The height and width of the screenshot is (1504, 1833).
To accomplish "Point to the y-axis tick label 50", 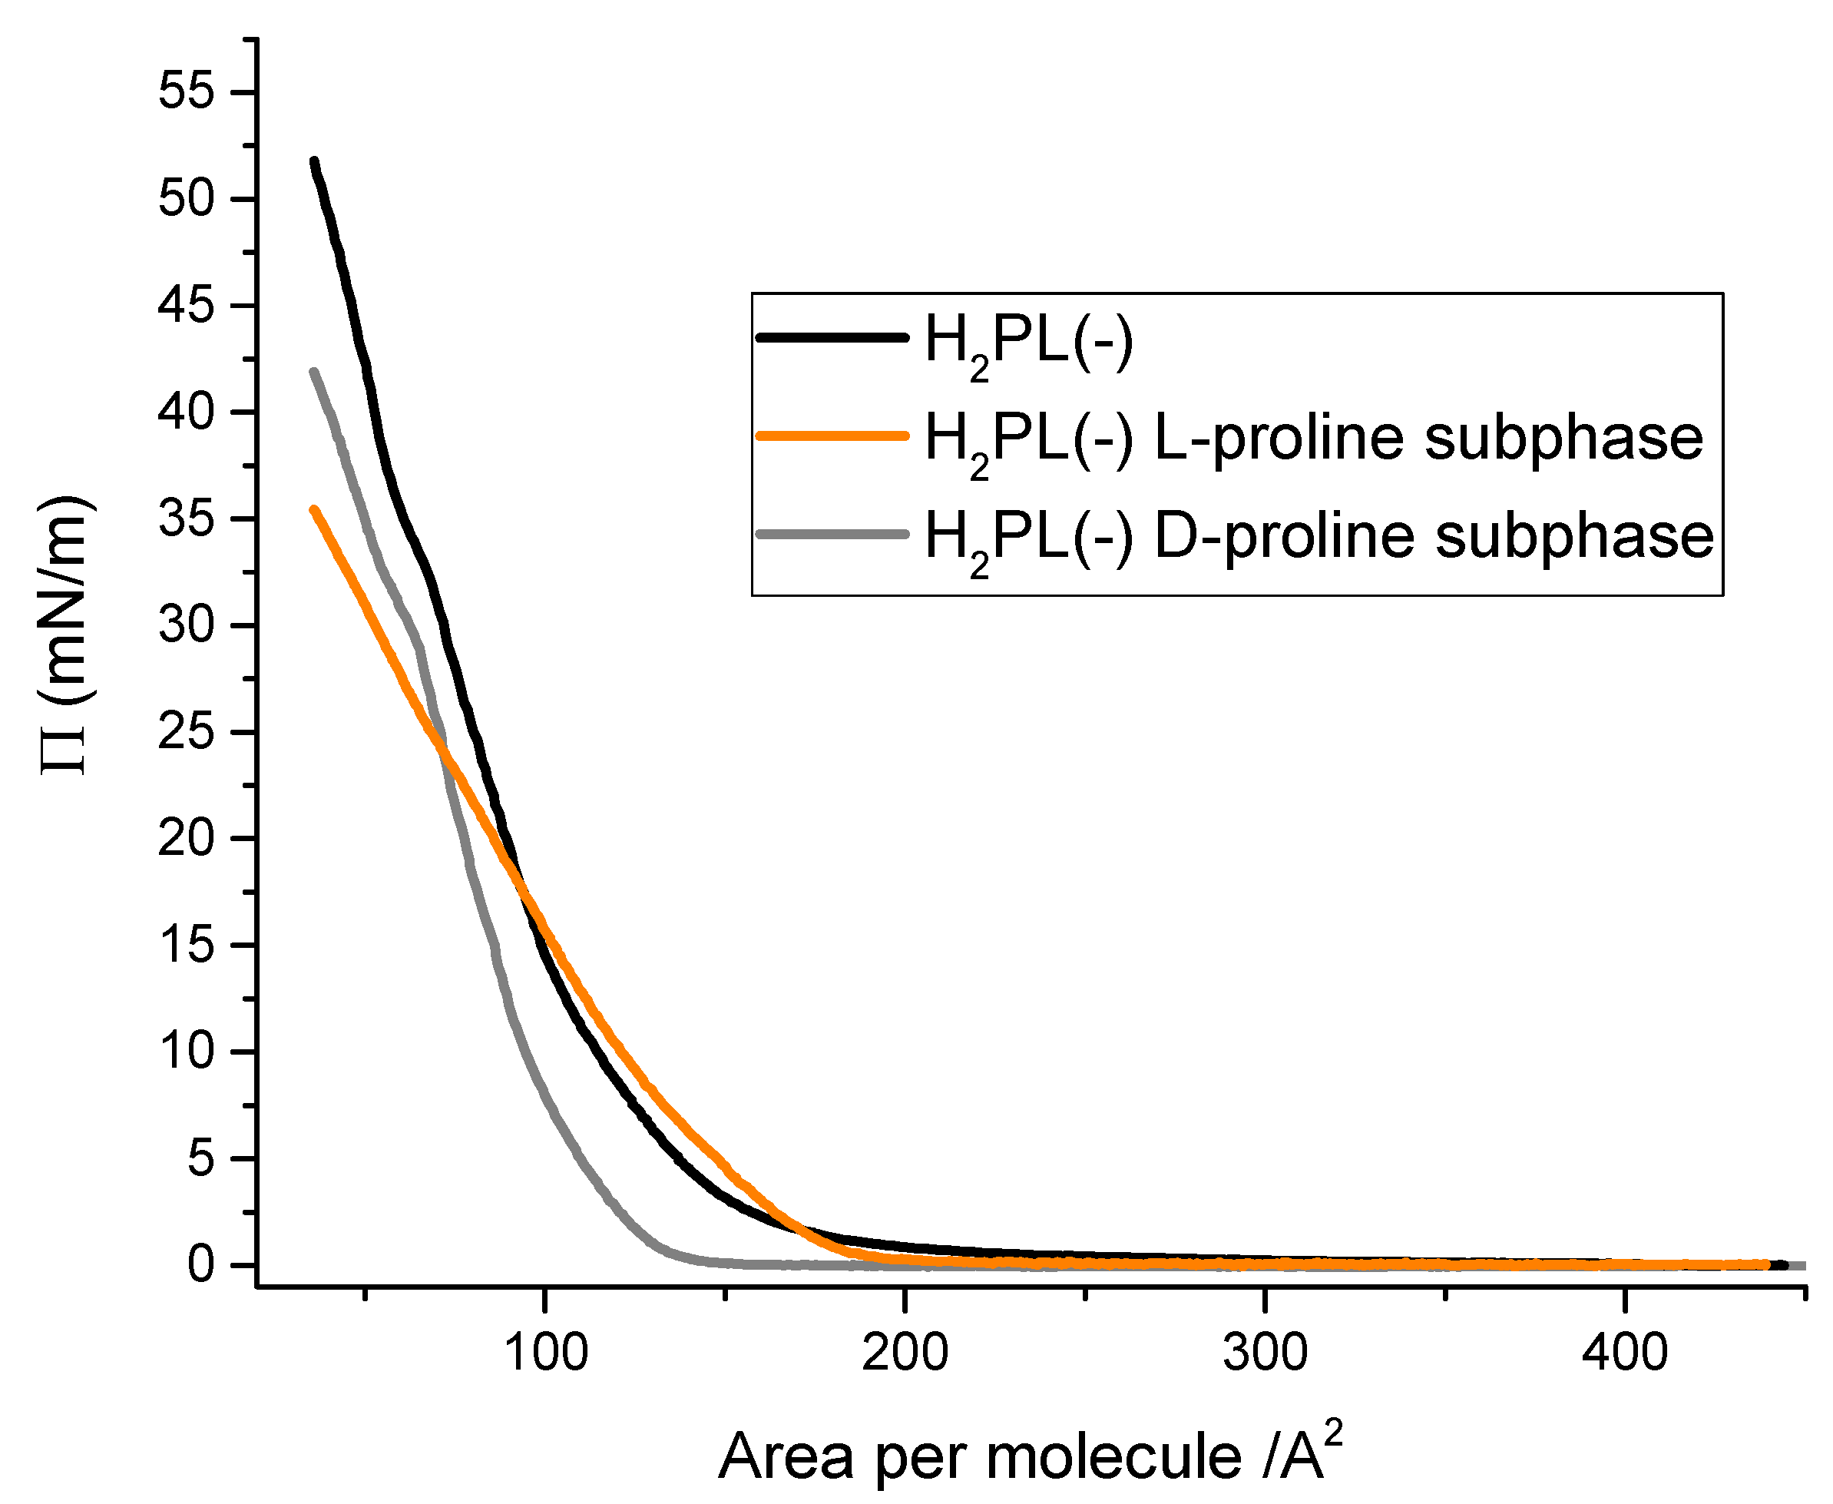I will click(x=185, y=198).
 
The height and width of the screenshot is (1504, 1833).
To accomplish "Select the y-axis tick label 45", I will click(x=185, y=305).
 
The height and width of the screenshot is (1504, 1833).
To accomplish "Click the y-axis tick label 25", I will click(x=185, y=732).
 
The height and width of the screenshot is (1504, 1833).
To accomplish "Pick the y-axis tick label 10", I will click(x=185, y=1052).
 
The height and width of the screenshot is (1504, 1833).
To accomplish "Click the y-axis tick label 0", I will click(x=201, y=1266).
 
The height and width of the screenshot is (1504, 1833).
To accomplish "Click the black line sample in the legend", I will click(x=832, y=337).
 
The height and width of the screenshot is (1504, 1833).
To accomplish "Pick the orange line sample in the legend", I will click(x=832, y=436).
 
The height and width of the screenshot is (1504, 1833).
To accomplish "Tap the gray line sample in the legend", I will click(x=832, y=535).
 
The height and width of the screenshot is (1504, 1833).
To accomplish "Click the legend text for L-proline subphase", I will click(x=1313, y=438).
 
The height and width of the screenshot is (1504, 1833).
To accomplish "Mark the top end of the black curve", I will click(x=314, y=162).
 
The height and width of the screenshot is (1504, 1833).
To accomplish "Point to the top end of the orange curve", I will click(x=314, y=510).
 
